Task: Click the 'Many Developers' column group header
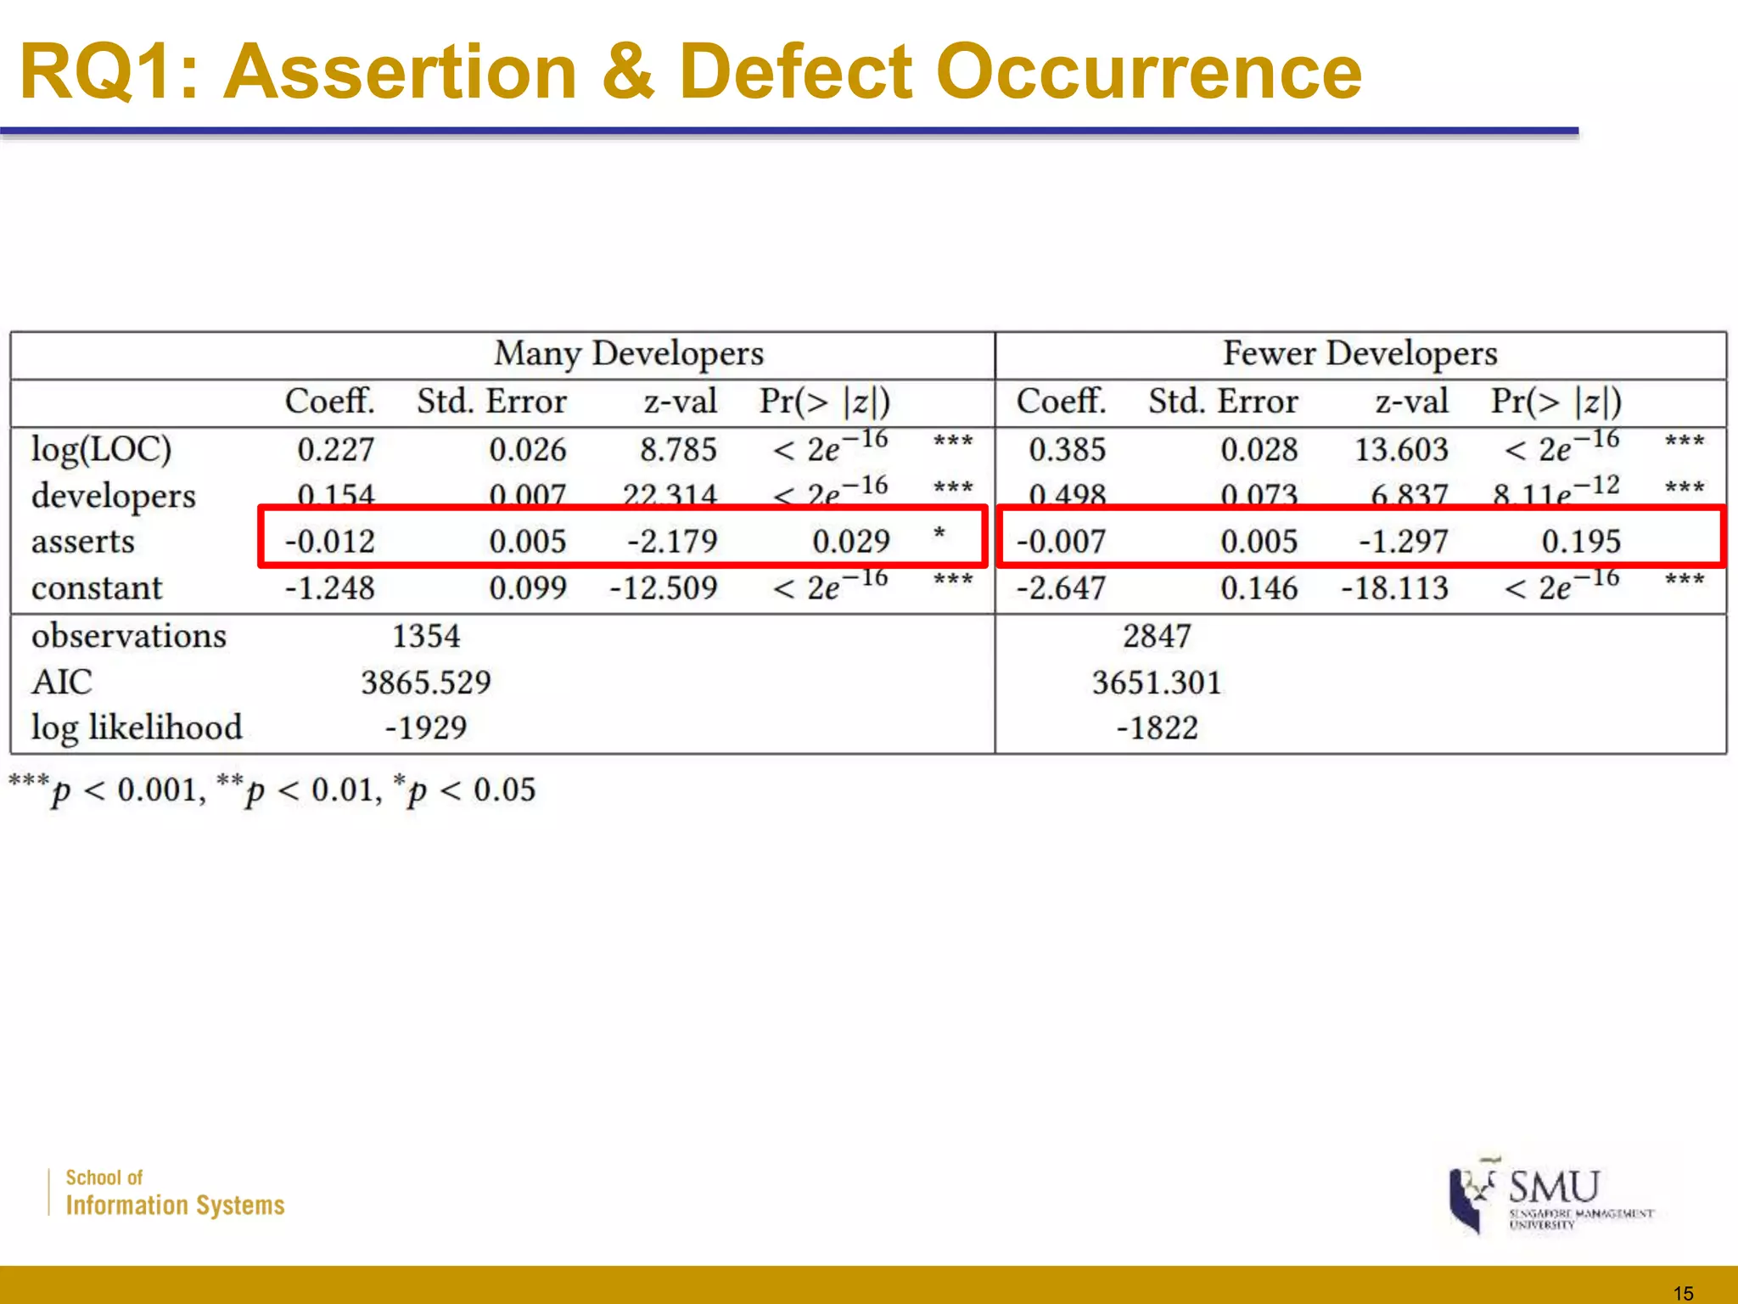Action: tap(629, 354)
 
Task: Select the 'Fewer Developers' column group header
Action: tap(1360, 354)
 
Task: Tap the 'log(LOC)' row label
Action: tap(101, 449)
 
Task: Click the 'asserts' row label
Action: tap(83, 542)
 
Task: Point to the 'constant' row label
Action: tap(97, 587)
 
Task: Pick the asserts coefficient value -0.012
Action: tap(330, 542)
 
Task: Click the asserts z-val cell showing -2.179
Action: tap(672, 542)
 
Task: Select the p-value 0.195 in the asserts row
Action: tap(1581, 542)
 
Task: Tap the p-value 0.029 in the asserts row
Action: tap(851, 542)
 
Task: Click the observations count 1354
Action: tap(426, 636)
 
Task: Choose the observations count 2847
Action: tap(1157, 636)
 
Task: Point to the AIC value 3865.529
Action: tap(426, 683)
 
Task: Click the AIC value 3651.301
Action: tap(1157, 683)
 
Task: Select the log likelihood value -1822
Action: tap(1157, 728)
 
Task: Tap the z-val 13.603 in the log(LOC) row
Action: tap(1401, 450)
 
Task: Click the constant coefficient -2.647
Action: tap(1062, 587)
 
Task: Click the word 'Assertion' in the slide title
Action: tap(401, 73)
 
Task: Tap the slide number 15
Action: tap(1684, 1293)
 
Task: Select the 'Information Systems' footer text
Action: tap(175, 1206)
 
